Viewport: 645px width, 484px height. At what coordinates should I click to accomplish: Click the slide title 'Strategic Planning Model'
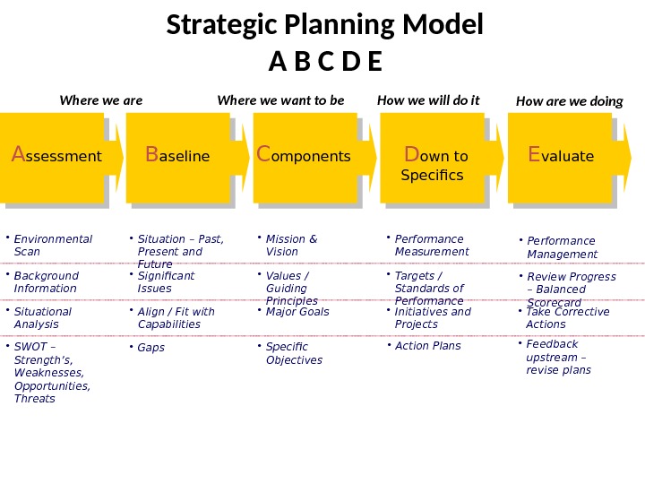[x=324, y=25]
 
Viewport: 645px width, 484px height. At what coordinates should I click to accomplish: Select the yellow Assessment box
[x=56, y=156]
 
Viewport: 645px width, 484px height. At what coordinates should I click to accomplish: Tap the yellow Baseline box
[x=178, y=156]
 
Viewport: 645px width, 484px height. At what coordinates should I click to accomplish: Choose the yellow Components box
[x=305, y=156]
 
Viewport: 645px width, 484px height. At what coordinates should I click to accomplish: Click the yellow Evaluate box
[x=561, y=156]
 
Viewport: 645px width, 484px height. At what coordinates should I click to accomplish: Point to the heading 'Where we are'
[x=100, y=100]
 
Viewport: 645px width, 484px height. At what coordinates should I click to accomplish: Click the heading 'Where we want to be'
[x=280, y=100]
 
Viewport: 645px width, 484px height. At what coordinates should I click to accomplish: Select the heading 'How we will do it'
[x=428, y=100]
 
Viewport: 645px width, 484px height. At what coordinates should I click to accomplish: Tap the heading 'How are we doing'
[x=569, y=101]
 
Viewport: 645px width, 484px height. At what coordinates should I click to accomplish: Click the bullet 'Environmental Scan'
[x=53, y=245]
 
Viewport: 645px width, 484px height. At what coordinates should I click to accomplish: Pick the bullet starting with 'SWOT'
[x=52, y=373]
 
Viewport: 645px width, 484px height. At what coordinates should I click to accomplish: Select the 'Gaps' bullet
[x=150, y=348]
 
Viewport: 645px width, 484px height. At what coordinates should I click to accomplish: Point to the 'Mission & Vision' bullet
[x=291, y=245]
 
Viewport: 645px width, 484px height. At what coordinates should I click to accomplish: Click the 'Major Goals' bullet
[x=297, y=312]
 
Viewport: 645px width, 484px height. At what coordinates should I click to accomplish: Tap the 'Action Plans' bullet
[x=427, y=346]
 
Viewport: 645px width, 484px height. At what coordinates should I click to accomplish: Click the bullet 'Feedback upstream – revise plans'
[x=557, y=357]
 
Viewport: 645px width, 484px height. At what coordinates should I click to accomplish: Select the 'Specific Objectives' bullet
[x=293, y=353]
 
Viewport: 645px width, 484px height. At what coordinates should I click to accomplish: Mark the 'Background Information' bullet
[x=46, y=281]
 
